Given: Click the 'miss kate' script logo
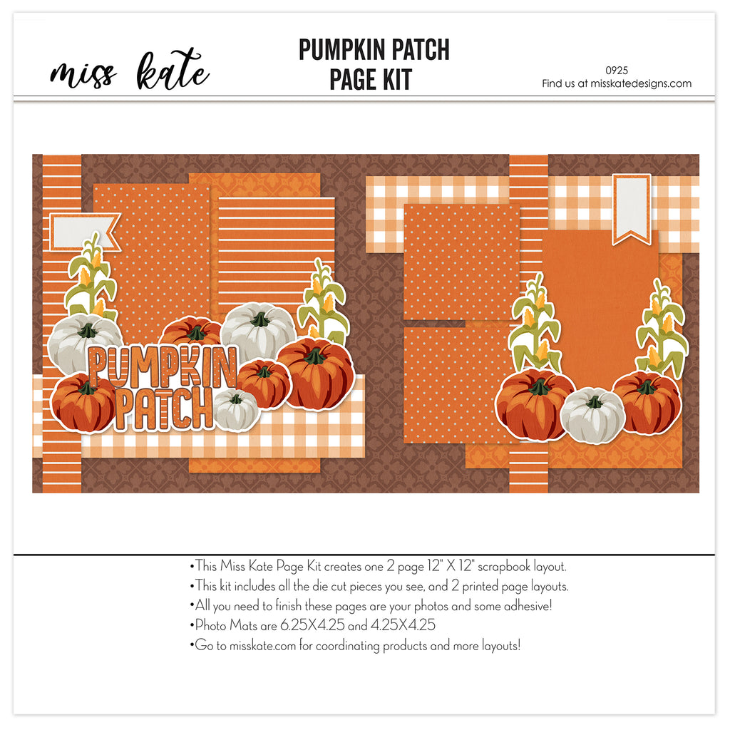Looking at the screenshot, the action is [130, 71].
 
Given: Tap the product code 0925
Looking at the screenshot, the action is [617, 71].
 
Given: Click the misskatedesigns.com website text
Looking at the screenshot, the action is [641, 84].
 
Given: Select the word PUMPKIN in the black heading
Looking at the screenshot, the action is [342, 50].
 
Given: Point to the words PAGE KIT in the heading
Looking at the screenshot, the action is [371, 80].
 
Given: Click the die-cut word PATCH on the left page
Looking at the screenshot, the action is [163, 408].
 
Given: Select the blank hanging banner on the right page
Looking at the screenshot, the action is [632, 209].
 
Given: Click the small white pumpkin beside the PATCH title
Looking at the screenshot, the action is [236, 410].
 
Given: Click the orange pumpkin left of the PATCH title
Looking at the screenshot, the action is [84, 403].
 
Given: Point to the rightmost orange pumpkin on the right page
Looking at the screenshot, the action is [647, 402].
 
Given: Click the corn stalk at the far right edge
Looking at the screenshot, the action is [662, 326].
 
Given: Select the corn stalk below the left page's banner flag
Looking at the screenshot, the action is [91, 277].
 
